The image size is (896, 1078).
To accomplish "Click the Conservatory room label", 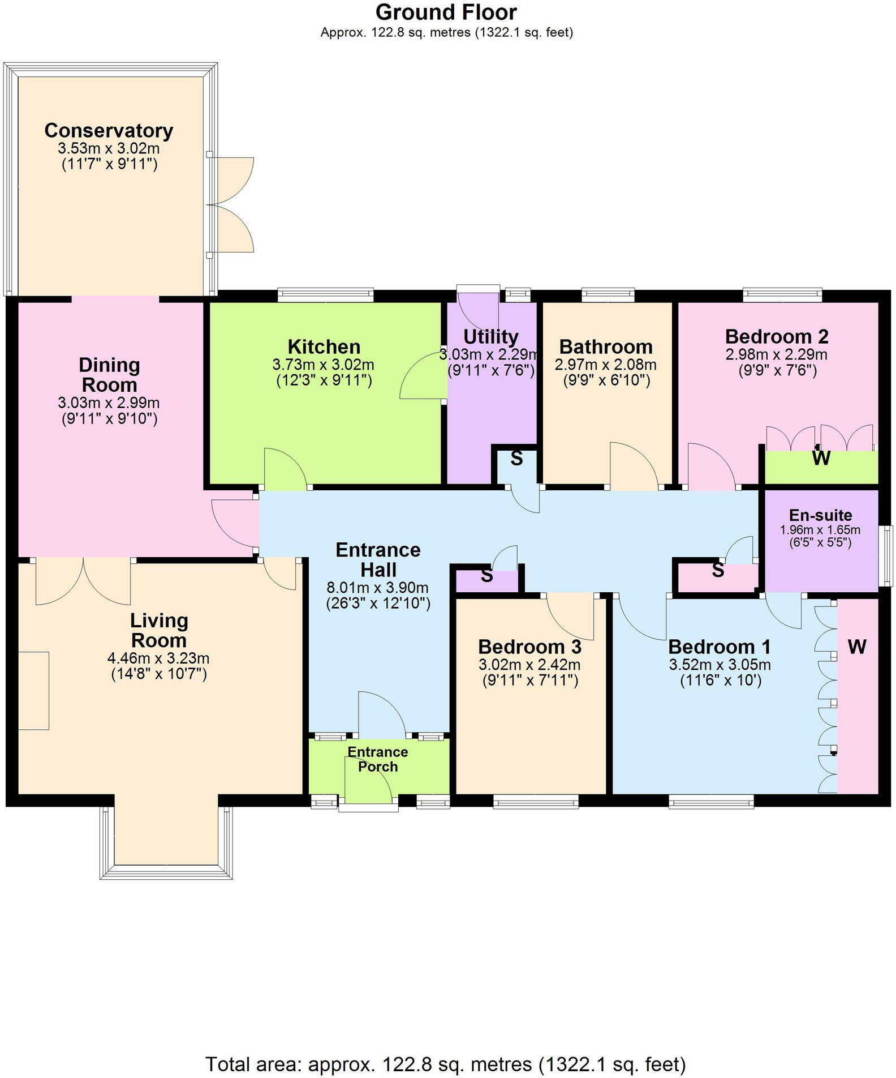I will tap(109, 130).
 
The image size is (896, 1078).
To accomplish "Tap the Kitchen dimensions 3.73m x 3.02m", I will tap(323, 365).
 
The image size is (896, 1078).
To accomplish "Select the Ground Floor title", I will tap(446, 12).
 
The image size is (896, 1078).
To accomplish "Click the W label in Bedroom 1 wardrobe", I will tap(857, 647).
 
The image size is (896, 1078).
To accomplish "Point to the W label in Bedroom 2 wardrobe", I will tap(821, 458).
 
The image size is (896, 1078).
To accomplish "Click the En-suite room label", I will tap(820, 515).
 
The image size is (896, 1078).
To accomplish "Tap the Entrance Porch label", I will tap(378, 759).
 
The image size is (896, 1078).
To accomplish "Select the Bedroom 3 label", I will tap(529, 647).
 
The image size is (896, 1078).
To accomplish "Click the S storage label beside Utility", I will tap(516, 459).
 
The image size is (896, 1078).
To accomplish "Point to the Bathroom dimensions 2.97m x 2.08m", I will tap(606, 365).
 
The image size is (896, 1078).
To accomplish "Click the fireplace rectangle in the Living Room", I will tap(34, 690).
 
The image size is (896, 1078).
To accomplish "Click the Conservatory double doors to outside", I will tap(231, 205).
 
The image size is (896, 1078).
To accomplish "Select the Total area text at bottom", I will tap(446, 1064).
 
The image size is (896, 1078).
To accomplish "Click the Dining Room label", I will tap(109, 375).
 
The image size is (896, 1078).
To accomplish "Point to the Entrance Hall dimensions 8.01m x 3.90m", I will tap(378, 588).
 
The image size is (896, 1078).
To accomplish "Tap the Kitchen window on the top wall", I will tap(326, 294).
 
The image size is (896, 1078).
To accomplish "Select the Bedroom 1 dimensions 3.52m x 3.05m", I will tap(720, 665).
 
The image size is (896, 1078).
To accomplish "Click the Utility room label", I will tap(490, 336).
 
